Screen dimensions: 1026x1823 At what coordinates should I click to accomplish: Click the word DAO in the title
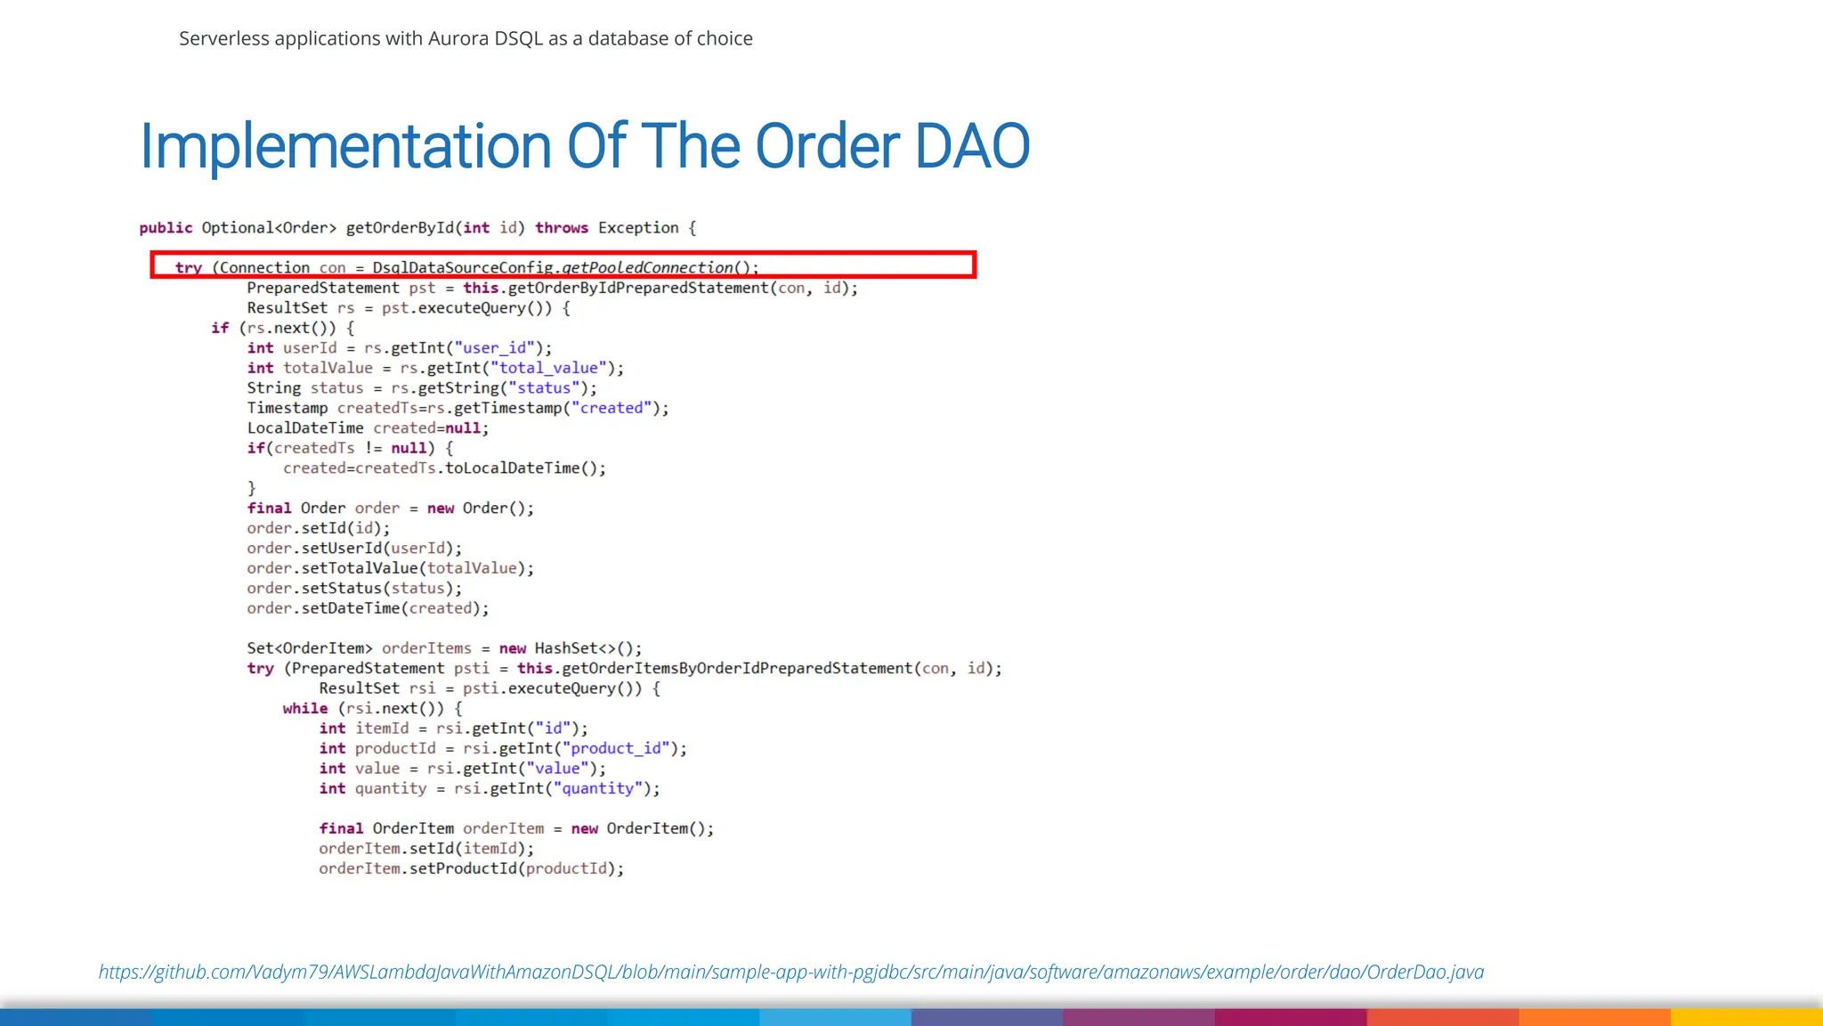pos(972,146)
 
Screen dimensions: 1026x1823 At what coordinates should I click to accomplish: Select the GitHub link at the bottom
pos(790,972)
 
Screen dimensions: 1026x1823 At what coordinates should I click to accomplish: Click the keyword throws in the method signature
pos(561,228)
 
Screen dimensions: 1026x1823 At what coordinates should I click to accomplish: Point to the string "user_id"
pos(495,348)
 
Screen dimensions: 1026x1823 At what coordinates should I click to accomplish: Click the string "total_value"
pos(548,368)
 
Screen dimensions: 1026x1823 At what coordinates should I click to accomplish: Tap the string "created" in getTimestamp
pos(612,408)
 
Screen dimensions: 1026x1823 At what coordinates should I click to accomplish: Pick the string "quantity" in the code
pos(597,788)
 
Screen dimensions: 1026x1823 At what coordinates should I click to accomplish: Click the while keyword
pos(305,708)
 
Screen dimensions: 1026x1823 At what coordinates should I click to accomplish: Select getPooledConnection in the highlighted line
pos(647,267)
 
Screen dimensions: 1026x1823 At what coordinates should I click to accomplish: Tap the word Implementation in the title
pos(345,146)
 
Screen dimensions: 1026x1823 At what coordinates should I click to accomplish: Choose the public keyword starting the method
pos(166,228)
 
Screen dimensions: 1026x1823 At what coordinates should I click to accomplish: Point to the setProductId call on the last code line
pos(463,868)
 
